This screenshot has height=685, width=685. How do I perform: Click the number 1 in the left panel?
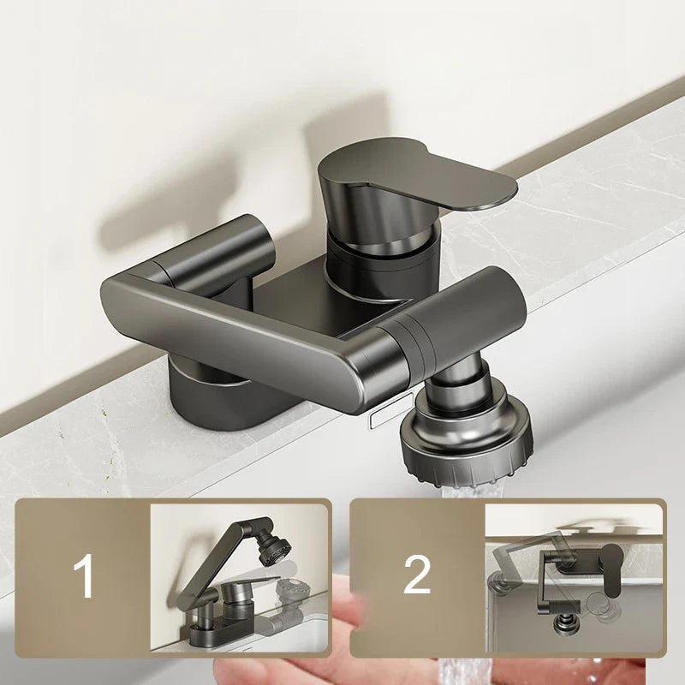coord(84,575)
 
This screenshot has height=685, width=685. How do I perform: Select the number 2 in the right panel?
coord(416,575)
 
